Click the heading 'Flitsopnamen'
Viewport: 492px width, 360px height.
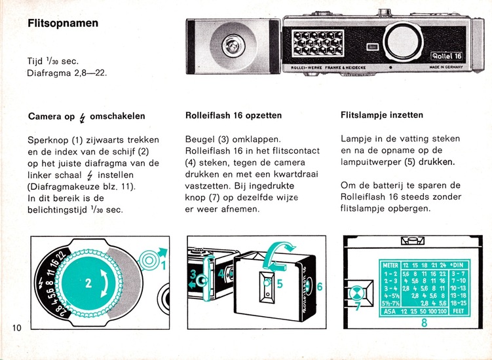[x=63, y=23]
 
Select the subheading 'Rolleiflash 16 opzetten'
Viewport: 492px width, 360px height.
[x=234, y=116]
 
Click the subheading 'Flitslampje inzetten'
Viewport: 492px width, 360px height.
[x=382, y=115]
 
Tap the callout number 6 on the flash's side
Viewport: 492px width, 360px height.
[x=320, y=287]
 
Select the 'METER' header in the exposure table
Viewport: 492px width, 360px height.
[x=390, y=265]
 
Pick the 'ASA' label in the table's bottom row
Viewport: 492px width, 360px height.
[x=390, y=312]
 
